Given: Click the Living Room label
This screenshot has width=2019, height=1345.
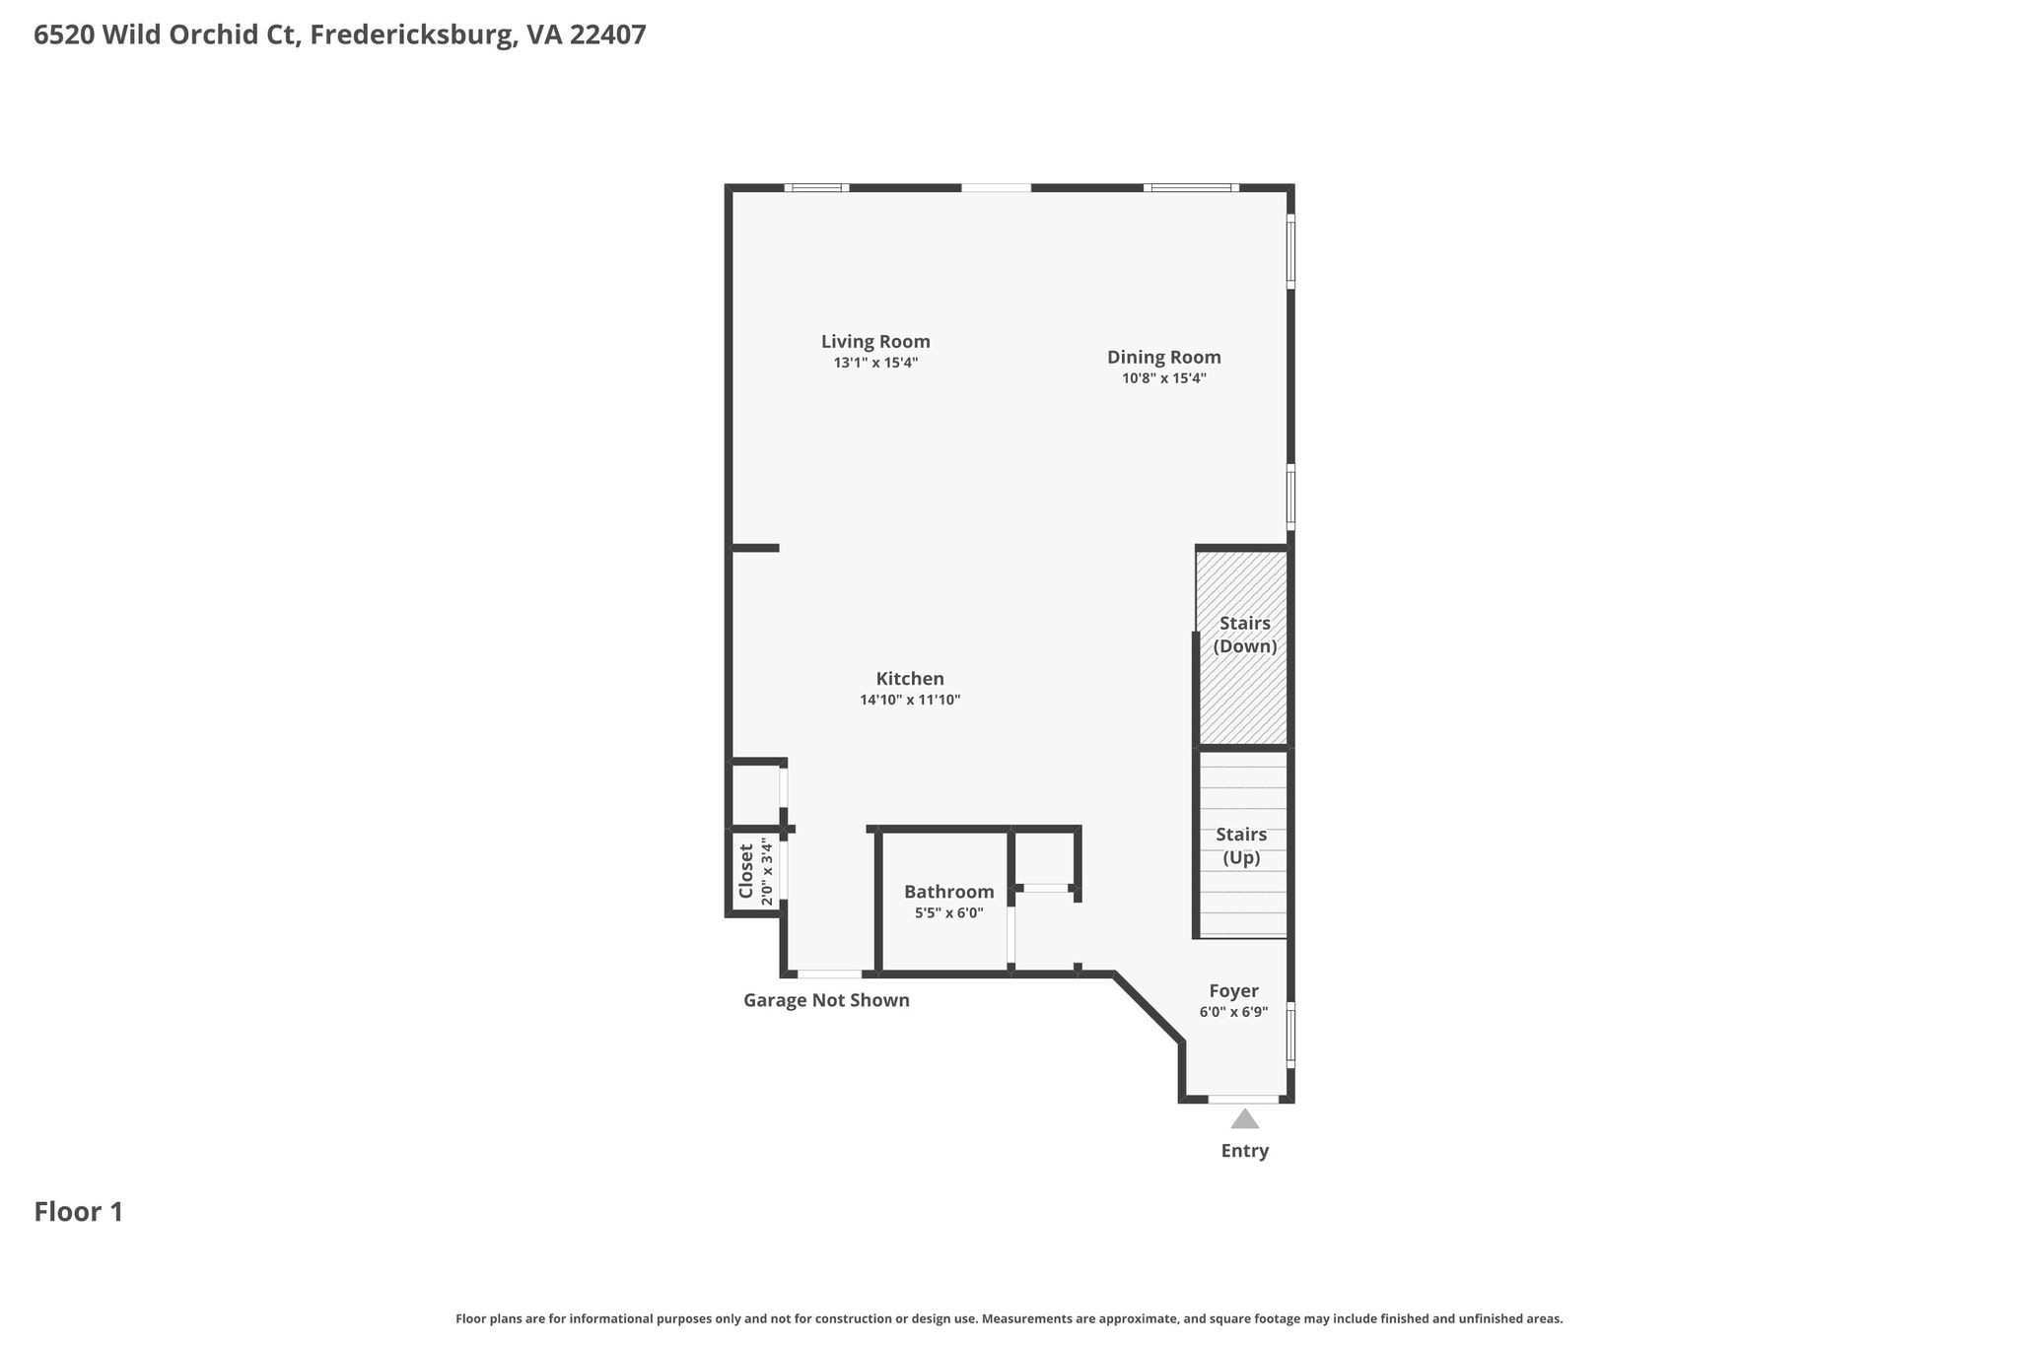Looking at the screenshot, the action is pos(875,342).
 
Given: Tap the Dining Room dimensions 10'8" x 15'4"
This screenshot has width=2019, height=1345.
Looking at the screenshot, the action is pos(1164,378).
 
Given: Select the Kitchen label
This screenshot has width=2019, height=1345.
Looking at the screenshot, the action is pos(910,679).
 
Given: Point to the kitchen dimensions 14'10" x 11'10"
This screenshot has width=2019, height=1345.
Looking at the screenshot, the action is pos(910,701).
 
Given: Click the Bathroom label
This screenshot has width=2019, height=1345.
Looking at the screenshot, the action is pos(949,892).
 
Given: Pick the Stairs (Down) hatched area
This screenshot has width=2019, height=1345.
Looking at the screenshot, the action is pos(1242,647).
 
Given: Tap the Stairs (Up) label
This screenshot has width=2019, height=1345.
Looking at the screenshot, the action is pos(1241,846).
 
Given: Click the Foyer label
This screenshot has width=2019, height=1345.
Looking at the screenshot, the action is pos(1234,991).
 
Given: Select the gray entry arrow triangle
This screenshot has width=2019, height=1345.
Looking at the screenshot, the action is pos(1245,1118).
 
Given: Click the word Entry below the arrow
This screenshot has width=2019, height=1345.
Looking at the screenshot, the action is pos(1245,1151).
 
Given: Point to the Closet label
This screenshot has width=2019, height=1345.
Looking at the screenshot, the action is pos(746,872).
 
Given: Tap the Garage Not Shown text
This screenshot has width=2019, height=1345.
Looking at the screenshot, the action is pos(826,1001).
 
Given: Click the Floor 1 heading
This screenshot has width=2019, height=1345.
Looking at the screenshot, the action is pos(79,1212).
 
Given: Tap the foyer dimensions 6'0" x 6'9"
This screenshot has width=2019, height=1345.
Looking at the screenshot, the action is pos(1234,1012).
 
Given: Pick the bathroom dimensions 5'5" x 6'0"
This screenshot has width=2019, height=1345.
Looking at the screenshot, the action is pos(949,913).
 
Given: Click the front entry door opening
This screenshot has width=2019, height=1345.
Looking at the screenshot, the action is pos(1244,1099).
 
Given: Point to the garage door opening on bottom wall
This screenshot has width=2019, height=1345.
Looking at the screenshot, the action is pos(829,975).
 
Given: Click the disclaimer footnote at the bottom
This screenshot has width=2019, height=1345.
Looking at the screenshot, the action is pos(1009,1318).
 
